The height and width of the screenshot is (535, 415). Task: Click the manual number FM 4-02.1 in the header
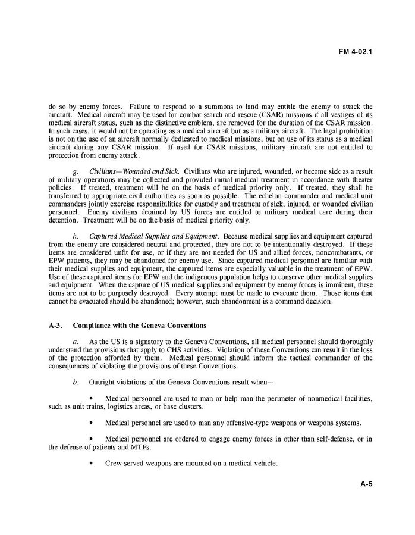coord(356,51)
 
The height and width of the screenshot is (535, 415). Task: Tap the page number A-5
coord(366,484)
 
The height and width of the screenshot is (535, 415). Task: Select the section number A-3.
coord(56,326)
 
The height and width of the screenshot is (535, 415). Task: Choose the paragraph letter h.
coord(75,236)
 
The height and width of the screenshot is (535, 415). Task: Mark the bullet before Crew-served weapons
coord(91,464)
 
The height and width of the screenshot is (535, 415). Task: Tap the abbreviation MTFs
coord(137,448)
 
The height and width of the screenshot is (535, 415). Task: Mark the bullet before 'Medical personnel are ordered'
coord(91,439)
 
